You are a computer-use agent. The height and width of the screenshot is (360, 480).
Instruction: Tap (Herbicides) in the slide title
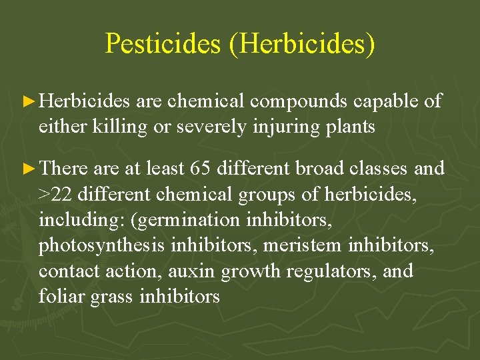coord(307,44)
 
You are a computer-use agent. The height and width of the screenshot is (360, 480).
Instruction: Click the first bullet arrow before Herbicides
coord(30,102)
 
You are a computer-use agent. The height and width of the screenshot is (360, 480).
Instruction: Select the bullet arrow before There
coord(30,169)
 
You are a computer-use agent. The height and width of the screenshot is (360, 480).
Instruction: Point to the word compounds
coord(299,102)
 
